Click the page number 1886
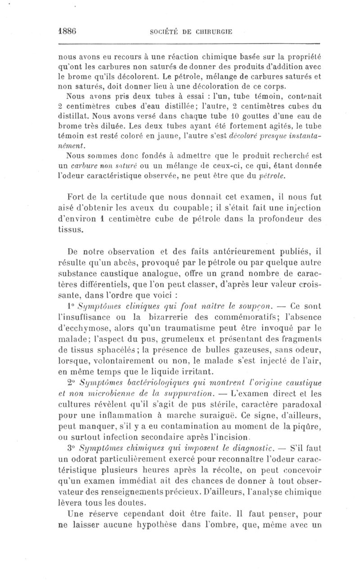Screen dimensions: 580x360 coord(69,32)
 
